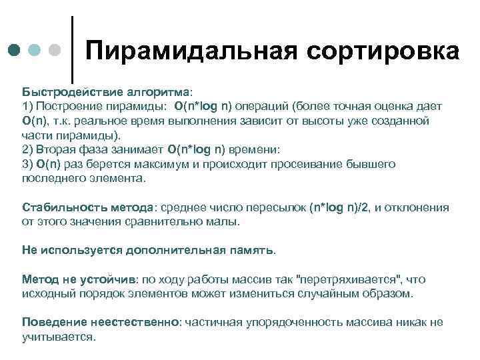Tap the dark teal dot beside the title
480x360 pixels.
pyautogui.click(x=15, y=51)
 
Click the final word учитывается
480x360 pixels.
pyautogui.click(x=59, y=337)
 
